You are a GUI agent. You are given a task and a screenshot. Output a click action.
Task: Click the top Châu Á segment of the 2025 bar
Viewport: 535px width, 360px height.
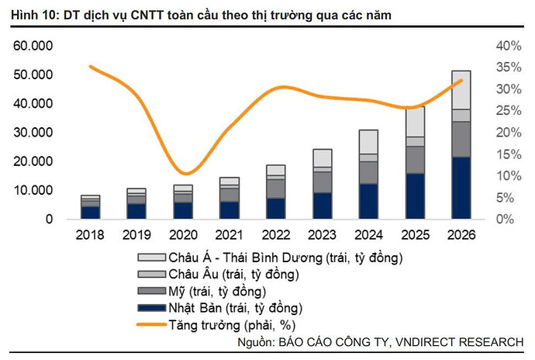[416, 122]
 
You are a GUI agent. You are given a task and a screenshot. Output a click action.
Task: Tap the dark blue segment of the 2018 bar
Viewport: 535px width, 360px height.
[91, 213]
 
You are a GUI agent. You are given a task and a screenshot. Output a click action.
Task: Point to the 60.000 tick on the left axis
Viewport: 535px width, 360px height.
[33, 46]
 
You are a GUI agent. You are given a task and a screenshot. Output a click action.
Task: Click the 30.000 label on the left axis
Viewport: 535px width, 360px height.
[33, 133]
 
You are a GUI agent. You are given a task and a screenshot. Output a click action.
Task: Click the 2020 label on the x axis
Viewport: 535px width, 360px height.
[183, 234]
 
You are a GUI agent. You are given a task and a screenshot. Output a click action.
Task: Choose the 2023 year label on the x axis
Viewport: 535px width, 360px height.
[323, 234]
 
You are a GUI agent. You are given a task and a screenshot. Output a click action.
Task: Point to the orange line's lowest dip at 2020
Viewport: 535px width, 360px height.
[184, 173]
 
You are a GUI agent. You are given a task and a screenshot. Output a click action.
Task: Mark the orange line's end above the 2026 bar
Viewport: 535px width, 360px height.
[462, 80]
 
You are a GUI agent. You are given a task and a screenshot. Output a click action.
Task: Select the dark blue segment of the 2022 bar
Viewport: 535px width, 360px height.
[276, 209]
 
